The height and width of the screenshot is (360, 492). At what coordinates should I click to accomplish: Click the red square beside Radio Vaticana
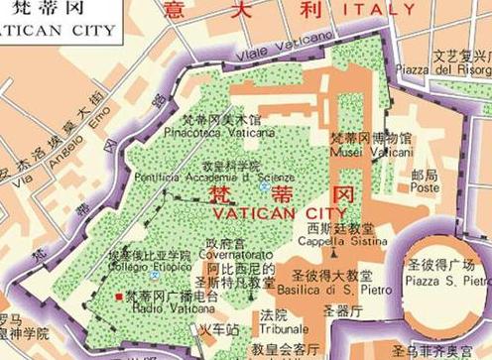(119, 296)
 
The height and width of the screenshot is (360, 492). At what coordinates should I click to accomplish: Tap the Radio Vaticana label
(163, 307)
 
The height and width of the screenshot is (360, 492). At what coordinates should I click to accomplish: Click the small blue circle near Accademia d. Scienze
(263, 186)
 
